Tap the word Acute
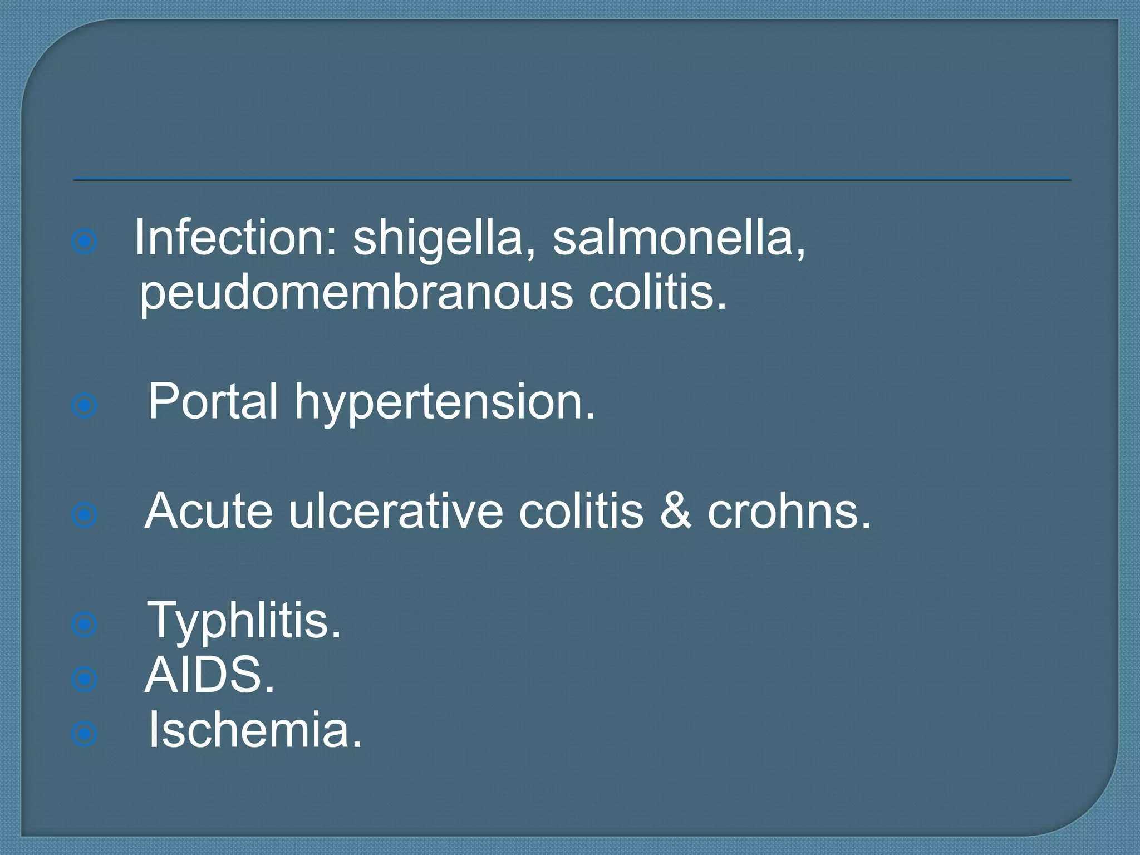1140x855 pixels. click(x=209, y=510)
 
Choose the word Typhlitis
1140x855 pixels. click(x=244, y=621)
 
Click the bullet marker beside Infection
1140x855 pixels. click(x=85, y=242)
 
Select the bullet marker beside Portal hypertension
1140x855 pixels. click(x=85, y=406)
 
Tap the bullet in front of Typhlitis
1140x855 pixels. click(x=85, y=625)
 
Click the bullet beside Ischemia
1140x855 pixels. click(x=85, y=734)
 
